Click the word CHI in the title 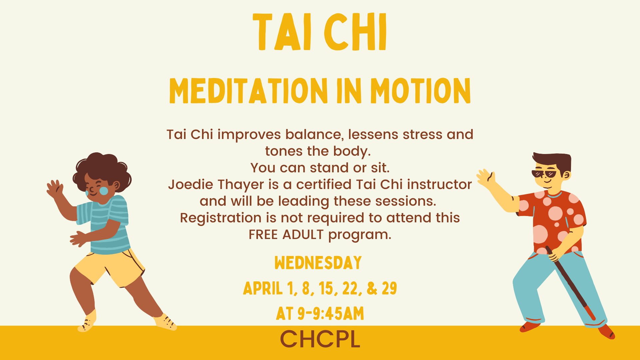(x=355, y=32)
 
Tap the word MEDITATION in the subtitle (x=248, y=91)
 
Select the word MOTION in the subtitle (x=420, y=91)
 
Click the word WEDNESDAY (x=318, y=263)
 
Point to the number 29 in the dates (x=389, y=289)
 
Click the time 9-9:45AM (x=331, y=314)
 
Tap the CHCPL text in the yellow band (x=320, y=339)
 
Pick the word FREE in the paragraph (x=263, y=235)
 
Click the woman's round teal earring (x=104, y=191)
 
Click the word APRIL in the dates (x=263, y=289)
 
